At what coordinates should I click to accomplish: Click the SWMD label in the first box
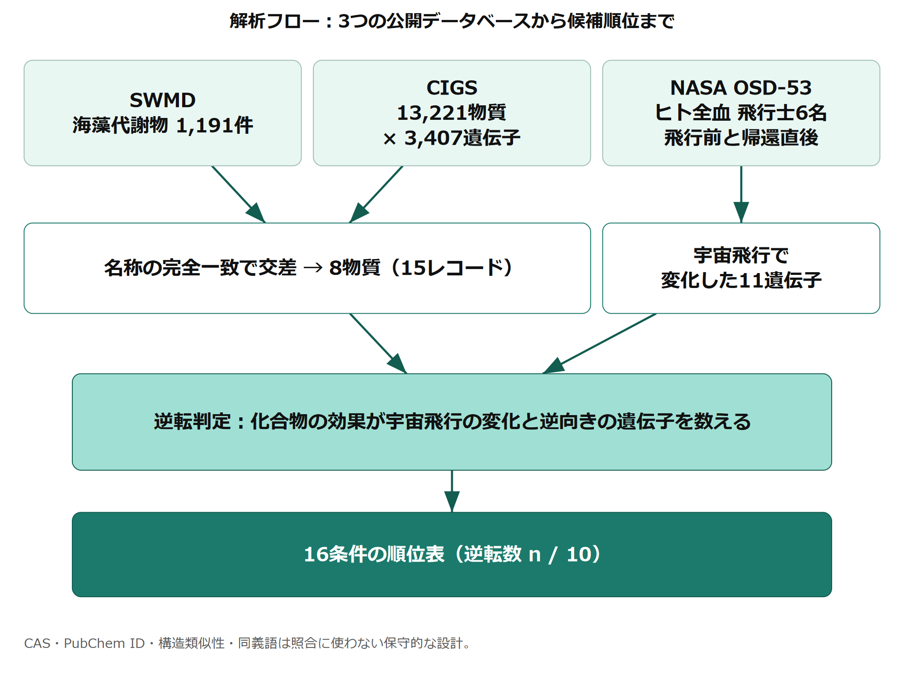pyautogui.click(x=163, y=100)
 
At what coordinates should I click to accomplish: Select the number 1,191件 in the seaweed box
pyautogui.click(x=215, y=125)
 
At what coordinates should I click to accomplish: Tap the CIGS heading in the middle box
pyautogui.click(x=452, y=88)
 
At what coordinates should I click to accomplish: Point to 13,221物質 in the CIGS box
pyautogui.click(x=452, y=113)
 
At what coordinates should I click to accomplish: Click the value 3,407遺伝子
pyautogui.click(x=462, y=138)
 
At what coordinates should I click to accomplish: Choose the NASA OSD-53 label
pyautogui.click(x=741, y=88)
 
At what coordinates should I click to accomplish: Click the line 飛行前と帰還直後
pyautogui.click(x=741, y=138)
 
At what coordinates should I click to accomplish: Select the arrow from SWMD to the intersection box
pyautogui.click(x=239, y=194)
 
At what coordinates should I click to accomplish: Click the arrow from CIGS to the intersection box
pyautogui.click(x=376, y=194)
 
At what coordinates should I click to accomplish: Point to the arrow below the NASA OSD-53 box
pyautogui.click(x=741, y=194)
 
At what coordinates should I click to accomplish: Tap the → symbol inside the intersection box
pyautogui.click(x=313, y=268)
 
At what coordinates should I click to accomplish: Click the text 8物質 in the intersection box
pyautogui.click(x=355, y=268)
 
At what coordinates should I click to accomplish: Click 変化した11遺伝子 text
pyautogui.click(x=741, y=280)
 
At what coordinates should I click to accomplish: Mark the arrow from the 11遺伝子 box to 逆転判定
pyautogui.click(x=599, y=344)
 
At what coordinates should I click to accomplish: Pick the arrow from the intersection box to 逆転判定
pyautogui.click(x=378, y=344)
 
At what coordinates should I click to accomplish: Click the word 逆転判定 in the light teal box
pyautogui.click(x=193, y=421)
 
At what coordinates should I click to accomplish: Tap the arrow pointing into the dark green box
pyautogui.click(x=452, y=491)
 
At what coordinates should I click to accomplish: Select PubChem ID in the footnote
pyautogui.click(x=104, y=643)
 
